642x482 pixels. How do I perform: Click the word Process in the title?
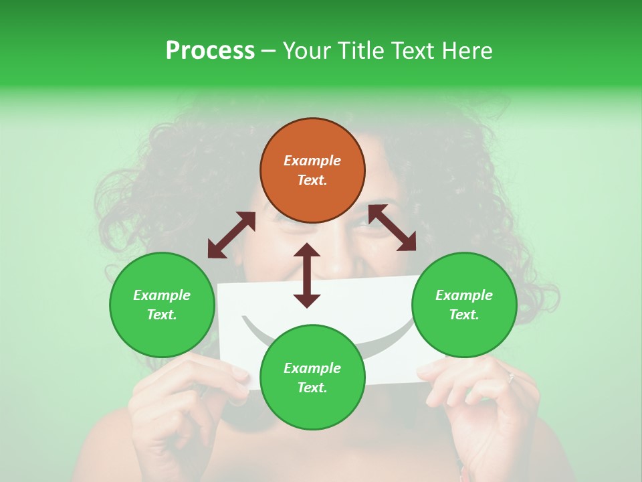pos(210,50)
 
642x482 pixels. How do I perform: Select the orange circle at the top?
pos(312,171)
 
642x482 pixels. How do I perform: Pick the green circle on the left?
pos(162,305)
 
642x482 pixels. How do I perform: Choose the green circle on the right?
pos(464,305)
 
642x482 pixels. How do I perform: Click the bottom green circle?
pos(312,378)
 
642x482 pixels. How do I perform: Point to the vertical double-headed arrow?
pos(307,275)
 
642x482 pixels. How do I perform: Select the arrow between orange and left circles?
pos(231,235)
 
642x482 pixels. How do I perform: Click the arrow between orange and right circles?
pos(392,228)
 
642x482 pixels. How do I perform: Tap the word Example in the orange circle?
pos(312,161)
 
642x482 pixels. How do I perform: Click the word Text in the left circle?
pos(162,315)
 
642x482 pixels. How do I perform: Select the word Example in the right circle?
pos(464,295)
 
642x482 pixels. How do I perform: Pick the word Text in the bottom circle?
pos(312,388)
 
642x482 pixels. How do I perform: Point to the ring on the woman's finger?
pos(512,377)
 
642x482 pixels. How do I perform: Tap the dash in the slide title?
pos(268,50)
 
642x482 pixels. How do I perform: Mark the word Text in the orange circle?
pos(312,180)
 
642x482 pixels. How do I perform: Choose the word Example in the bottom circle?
pos(312,368)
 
